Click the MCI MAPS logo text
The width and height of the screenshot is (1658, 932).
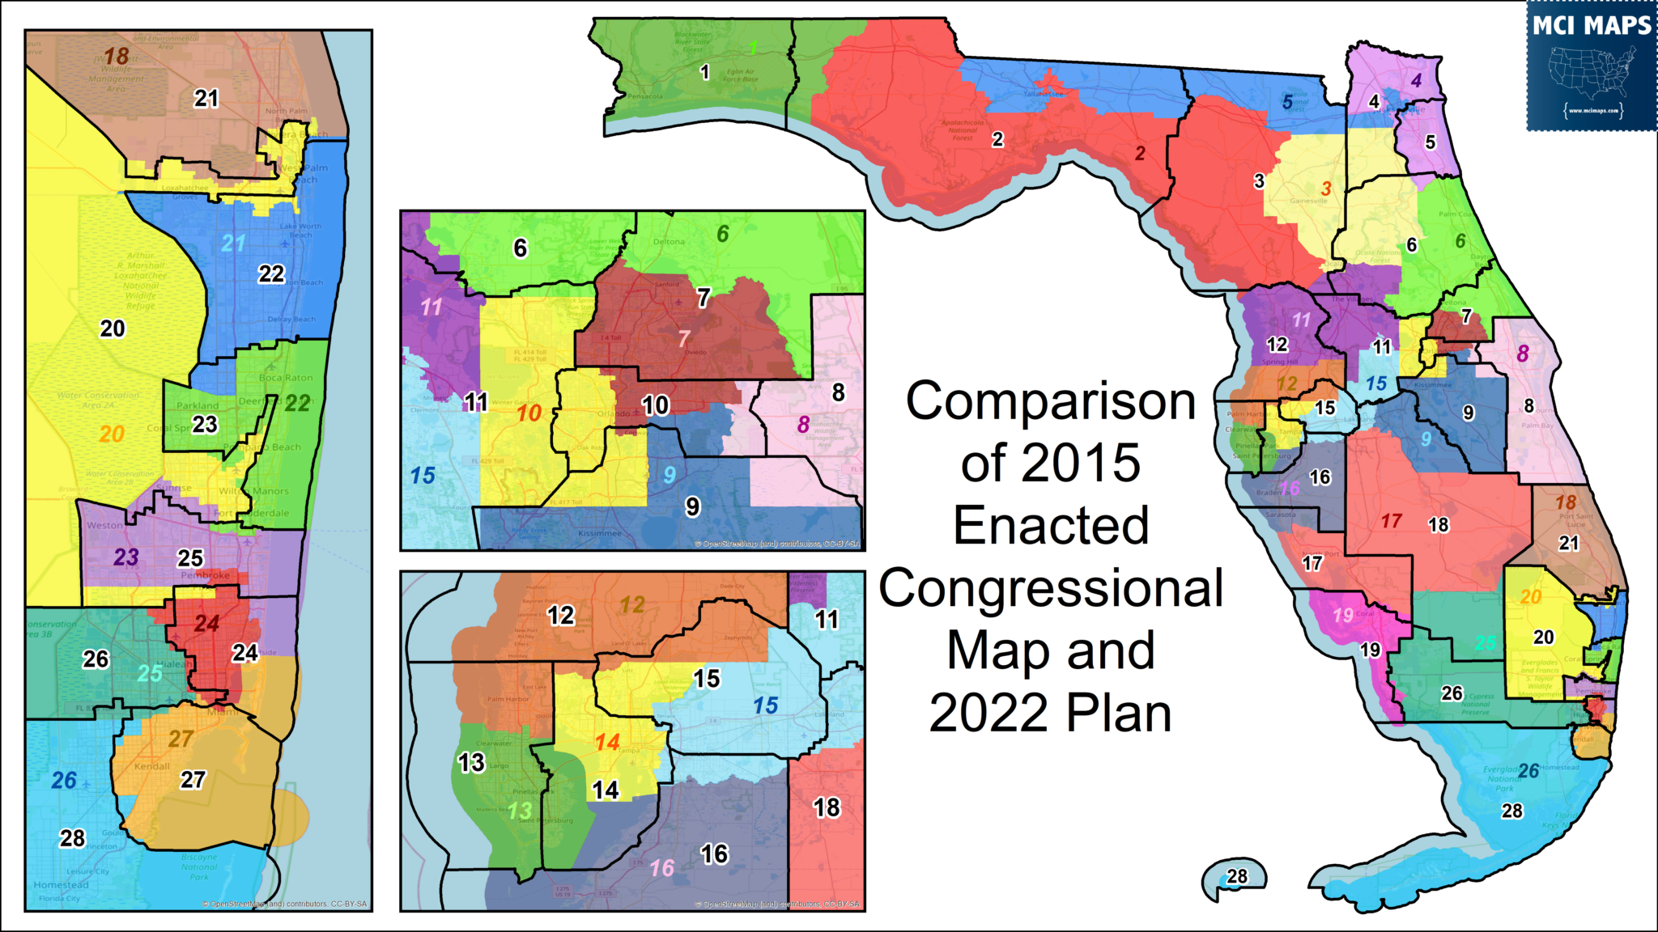1592,26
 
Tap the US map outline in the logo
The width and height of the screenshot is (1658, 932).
1591,72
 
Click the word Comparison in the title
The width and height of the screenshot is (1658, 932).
1051,401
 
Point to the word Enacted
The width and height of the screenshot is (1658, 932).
1051,526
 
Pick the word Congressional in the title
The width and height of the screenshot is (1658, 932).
1051,588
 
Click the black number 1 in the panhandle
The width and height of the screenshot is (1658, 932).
704,73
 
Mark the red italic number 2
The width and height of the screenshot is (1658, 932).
1140,153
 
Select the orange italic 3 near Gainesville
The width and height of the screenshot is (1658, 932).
1326,189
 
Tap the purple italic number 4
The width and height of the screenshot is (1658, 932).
1416,80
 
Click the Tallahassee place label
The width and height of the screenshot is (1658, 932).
1044,94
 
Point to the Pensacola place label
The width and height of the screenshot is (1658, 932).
645,96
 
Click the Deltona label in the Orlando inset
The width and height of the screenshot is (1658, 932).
669,242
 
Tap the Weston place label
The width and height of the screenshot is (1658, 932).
104,525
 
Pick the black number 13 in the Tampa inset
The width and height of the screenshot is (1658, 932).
471,762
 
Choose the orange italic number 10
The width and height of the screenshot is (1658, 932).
529,413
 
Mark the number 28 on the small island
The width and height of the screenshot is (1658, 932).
1237,876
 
